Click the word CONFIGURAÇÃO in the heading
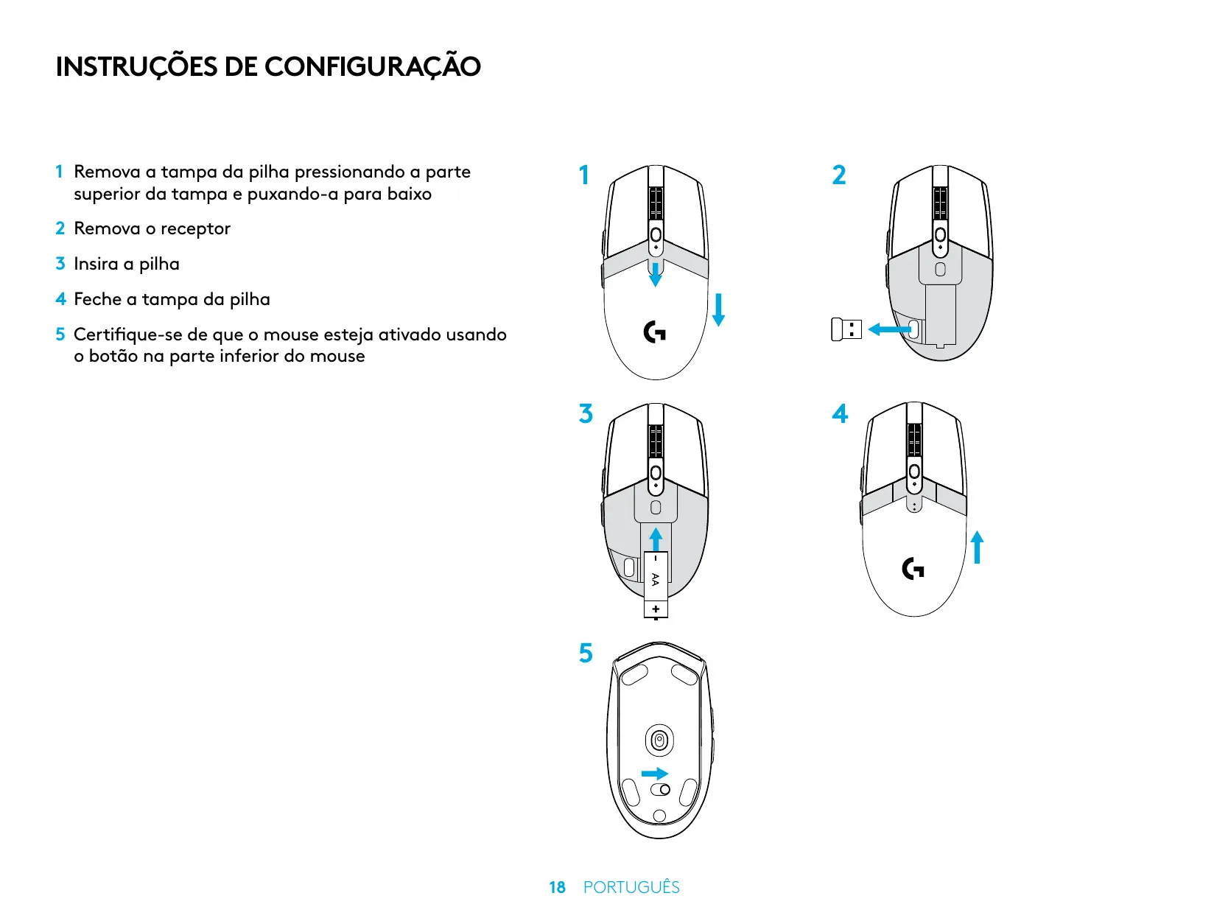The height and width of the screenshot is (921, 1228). tap(372, 67)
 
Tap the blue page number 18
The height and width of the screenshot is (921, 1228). tap(557, 888)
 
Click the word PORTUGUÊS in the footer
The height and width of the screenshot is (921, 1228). tap(631, 888)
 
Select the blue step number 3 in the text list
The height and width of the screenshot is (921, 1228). tap(60, 264)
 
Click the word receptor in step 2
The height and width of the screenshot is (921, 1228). tap(195, 229)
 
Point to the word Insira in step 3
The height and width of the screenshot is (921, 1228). tap(96, 264)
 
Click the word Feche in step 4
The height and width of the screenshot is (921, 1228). tap(97, 299)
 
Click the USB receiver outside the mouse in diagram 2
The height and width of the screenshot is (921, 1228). tap(846, 329)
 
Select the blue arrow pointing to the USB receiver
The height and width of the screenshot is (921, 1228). tap(888, 329)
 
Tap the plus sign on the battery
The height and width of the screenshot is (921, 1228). tap(656, 609)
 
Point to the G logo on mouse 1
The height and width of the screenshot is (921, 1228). tap(654, 332)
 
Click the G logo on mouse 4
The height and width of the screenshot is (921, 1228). tap(913, 569)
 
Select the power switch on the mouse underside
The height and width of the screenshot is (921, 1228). tap(660, 790)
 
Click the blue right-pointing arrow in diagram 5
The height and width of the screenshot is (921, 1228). tap(654, 774)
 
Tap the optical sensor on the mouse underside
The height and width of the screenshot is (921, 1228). tap(659, 740)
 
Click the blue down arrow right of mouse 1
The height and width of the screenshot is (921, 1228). tap(718, 309)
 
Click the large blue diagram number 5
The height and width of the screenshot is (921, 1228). tap(586, 654)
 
